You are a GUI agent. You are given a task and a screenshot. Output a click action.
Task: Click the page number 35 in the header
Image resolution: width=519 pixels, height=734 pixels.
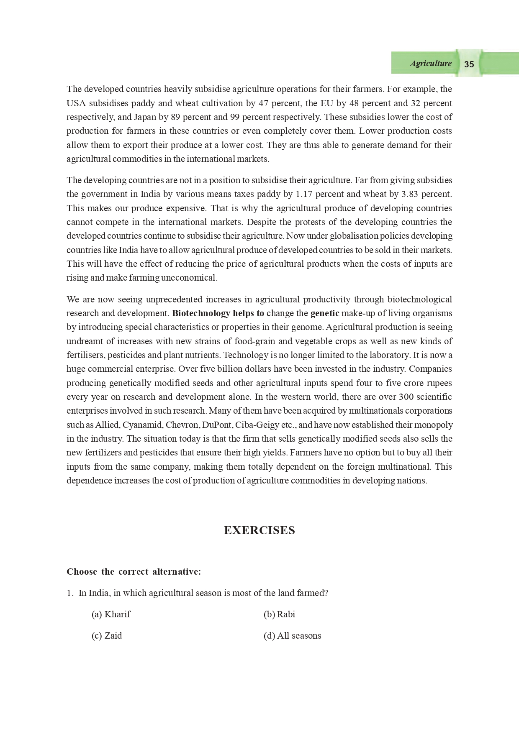(x=469, y=64)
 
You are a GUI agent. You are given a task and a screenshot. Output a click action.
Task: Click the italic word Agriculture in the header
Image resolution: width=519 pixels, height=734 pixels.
(x=431, y=64)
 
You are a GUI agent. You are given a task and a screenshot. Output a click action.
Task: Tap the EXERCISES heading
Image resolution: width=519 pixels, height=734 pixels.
(x=259, y=530)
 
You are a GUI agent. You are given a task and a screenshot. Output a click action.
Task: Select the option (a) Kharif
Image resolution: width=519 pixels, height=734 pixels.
(x=111, y=614)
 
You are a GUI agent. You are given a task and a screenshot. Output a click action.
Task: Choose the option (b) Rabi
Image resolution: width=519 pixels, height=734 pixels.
(x=279, y=614)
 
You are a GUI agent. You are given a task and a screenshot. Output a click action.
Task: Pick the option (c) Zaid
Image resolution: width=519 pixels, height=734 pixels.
(x=107, y=636)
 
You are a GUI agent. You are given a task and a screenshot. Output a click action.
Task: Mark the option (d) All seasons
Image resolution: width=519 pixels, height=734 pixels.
(x=292, y=636)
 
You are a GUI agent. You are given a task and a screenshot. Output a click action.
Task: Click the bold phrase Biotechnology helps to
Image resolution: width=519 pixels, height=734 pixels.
(x=218, y=313)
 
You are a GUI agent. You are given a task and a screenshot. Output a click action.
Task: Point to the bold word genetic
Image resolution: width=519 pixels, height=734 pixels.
(x=324, y=313)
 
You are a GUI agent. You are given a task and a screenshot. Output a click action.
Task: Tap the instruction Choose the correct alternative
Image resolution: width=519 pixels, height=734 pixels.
(x=134, y=572)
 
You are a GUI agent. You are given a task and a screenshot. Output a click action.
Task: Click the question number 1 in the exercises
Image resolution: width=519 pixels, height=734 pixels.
(x=70, y=593)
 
